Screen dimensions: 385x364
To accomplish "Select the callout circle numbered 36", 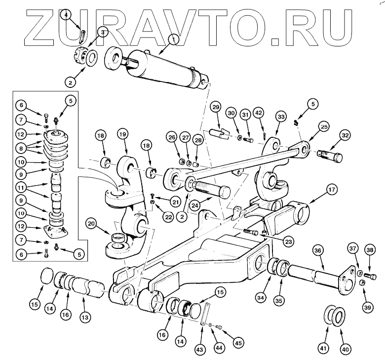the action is click(x=318, y=251).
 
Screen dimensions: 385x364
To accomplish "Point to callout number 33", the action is click(x=281, y=117).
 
